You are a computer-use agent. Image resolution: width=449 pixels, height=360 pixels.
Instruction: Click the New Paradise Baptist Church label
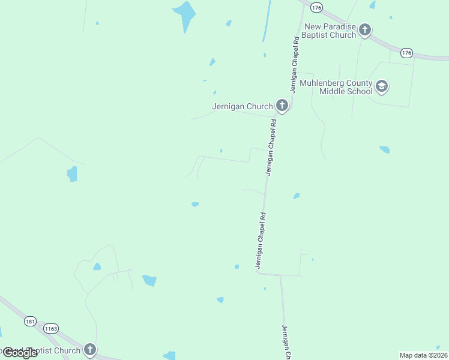pyautogui.click(x=330, y=31)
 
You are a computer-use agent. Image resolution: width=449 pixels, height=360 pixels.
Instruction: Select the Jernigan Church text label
pyautogui.click(x=243, y=107)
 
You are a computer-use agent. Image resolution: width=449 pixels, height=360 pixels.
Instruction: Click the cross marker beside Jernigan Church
pyautogui.click(x=282, y=106)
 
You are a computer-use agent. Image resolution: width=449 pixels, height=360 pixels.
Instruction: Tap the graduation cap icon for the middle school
pyautogui.click(x=381, y=86)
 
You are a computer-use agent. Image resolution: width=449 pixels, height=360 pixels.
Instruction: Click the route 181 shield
pyautogui.click(x=30, y=322)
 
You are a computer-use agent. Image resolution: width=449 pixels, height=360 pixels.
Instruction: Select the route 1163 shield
pyautogui.click(x=51, y=329)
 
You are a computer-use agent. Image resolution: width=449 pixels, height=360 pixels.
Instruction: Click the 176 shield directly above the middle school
pyautogui.click(x=406, y=53)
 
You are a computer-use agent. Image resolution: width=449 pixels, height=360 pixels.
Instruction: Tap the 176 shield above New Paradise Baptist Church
pyautogui.click(x=317, y=7)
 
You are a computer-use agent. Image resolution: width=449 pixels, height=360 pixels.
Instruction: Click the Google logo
pyautogui.click(x=20, y=353)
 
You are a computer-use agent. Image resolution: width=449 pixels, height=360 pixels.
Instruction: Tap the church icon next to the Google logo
pyautogui.click(x=89, y=350)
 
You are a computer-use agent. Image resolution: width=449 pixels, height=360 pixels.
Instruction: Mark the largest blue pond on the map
pyautogui.click(x=185, y=14)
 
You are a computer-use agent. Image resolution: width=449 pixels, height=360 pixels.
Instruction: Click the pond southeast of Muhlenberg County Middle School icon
pyautogui.click(x=384, y=149)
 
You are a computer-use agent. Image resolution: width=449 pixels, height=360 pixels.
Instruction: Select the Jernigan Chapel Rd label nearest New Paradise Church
pyautogui.click(x=295, y=64)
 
